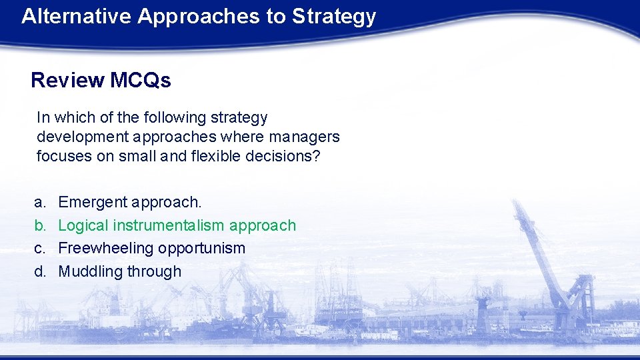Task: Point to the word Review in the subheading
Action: pos(67,81)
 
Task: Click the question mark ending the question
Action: pos(317,157)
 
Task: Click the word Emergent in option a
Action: pos(93,202)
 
